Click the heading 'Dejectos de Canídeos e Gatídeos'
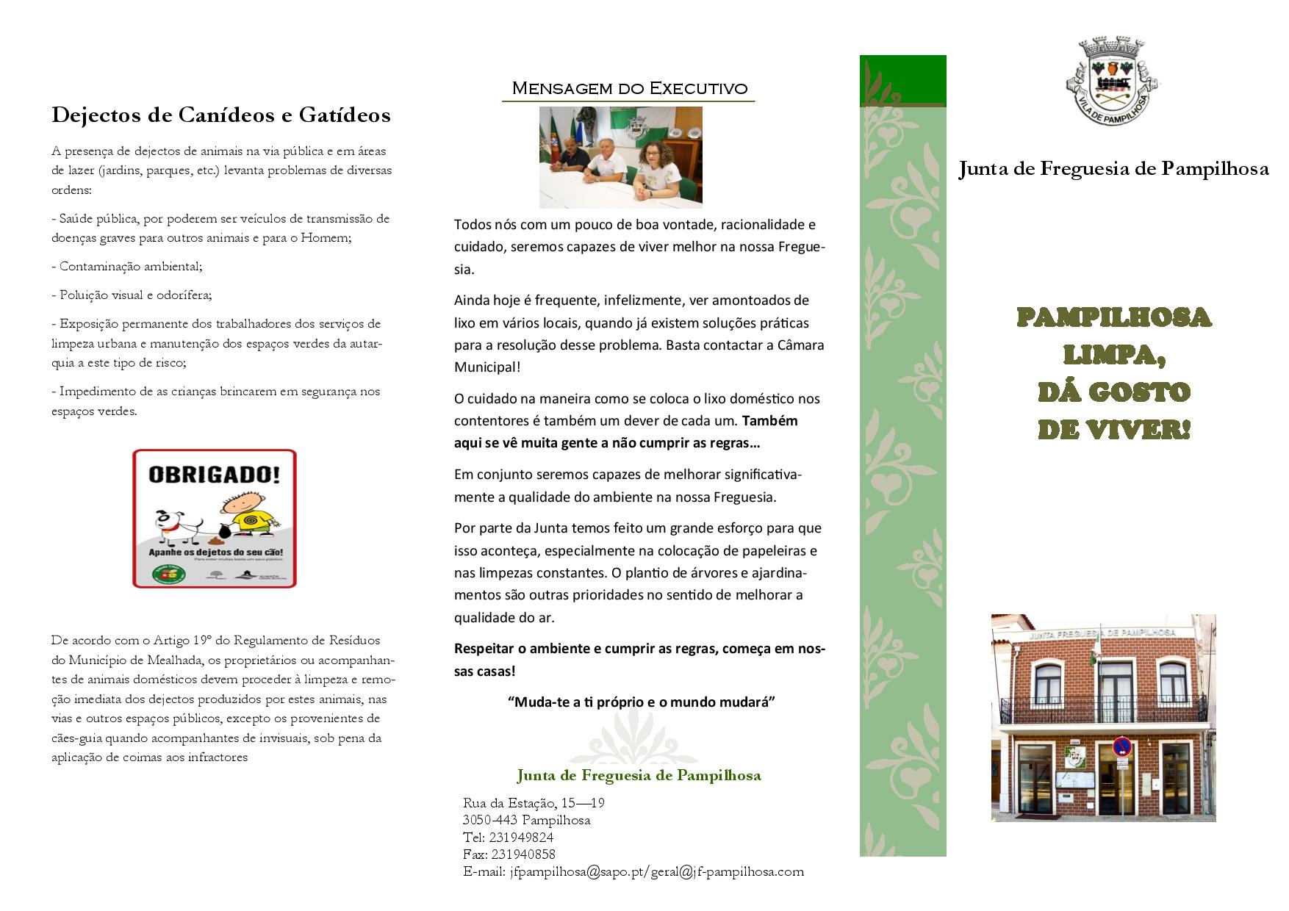pyautogui.click(x=220, y=115)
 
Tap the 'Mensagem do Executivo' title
pyautogui.click(x=629, y=89)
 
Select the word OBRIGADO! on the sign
pyautogui.click(x=214, y=475)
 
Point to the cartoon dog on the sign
pyautogui.click(x=178, y=522)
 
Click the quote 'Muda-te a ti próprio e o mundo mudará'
pyautogui.click(x=642, y=702)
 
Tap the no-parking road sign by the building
pyautogui.click(x=1121, y=747)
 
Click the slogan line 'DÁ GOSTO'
pyautogui.click(x=1113, y=392)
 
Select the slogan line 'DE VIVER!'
pyautogui.click(x=1113, y=430)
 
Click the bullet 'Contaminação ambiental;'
pyautogui.click(x=127, y=267)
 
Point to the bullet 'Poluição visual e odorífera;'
pyautogui.click(x=132, y=295)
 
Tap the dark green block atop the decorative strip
pyautogui.click(x=902, y=81)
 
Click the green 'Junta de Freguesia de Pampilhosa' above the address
pyautogui.click(x=639, y=775)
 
